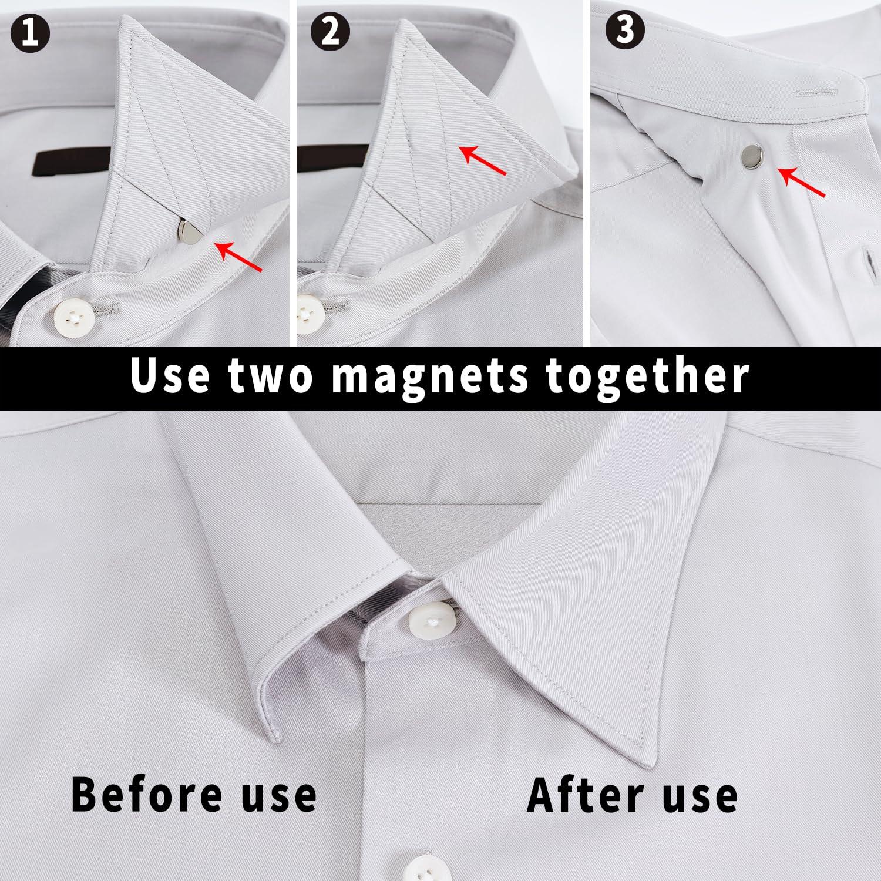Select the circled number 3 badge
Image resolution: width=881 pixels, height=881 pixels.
pos(626,31)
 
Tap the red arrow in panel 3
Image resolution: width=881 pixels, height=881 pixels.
pos(801,182)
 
